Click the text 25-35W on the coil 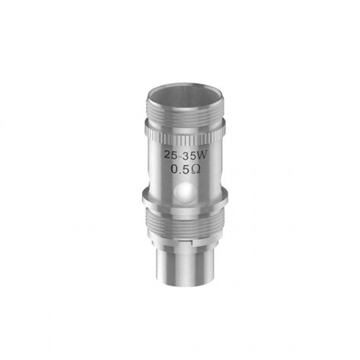185,155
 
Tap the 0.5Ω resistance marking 186,170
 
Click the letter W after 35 202,155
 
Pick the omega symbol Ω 196,170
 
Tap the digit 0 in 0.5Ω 175,170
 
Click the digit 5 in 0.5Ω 185,170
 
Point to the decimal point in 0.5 180,173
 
